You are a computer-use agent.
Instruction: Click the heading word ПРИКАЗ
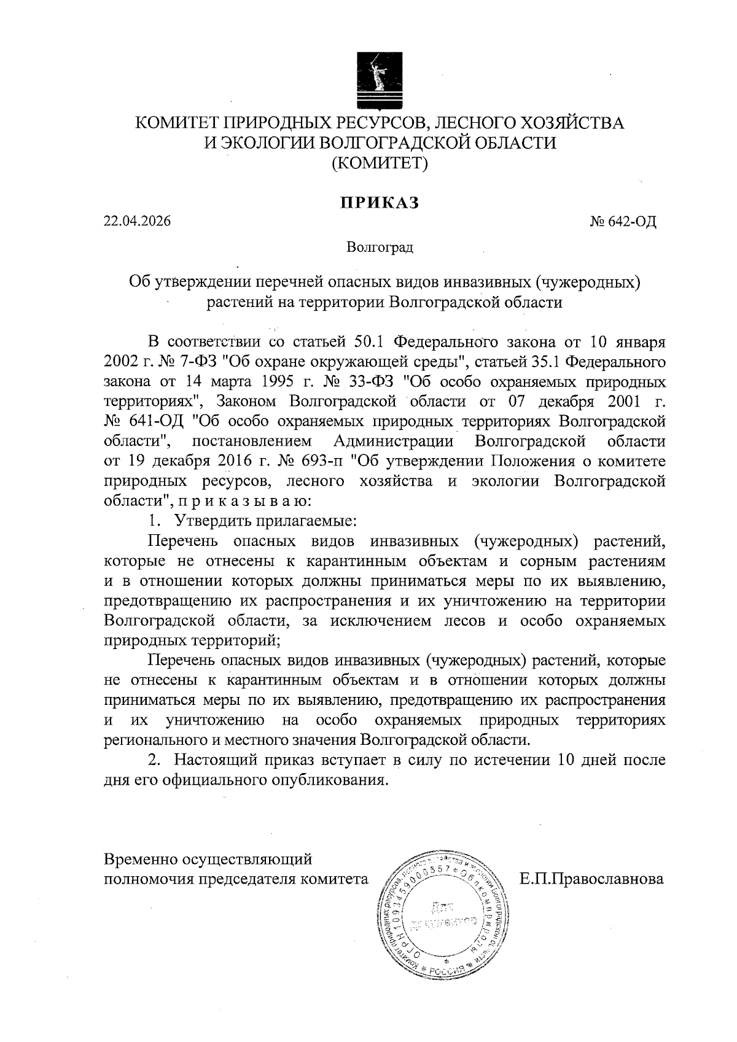[380, 203]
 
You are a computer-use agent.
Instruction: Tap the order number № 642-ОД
[623, 222]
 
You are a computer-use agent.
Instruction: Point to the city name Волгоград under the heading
[380, 247]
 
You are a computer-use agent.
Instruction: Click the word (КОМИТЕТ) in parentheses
[380, 163]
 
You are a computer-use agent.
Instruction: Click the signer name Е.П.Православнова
[591, 879]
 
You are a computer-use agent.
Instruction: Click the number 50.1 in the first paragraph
[370, 341]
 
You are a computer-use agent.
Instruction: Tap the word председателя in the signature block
[246, 879]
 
